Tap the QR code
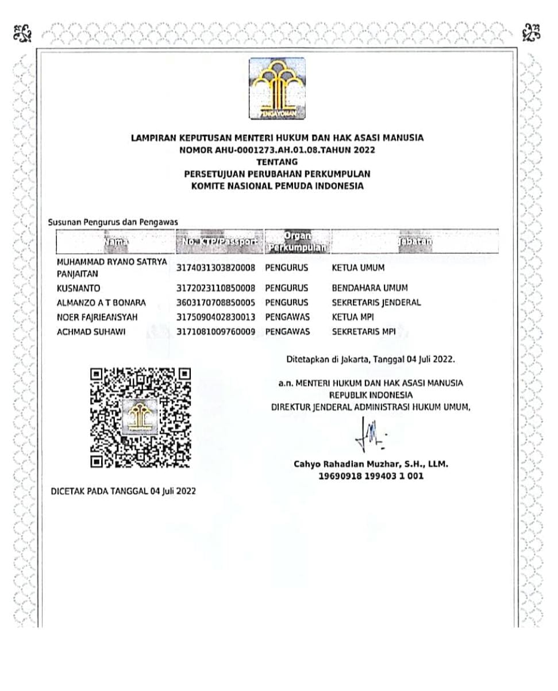click(141, 416)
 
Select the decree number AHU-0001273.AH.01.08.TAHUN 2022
click(278, 150)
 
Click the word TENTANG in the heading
click(277, 162)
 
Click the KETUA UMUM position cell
click(358, 268)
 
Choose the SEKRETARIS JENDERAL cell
click(376, 302)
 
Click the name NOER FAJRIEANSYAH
click(97, 317)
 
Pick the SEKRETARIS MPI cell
click(364, 331)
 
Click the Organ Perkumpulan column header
click(297, 242)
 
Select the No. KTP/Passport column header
click(220, 242)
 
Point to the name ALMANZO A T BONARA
click(102, 302)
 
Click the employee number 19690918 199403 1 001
click(371, 476)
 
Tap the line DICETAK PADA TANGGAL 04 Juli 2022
click(124, 491)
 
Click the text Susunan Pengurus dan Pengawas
click(113, 222)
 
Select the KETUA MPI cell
click(353, 317)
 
